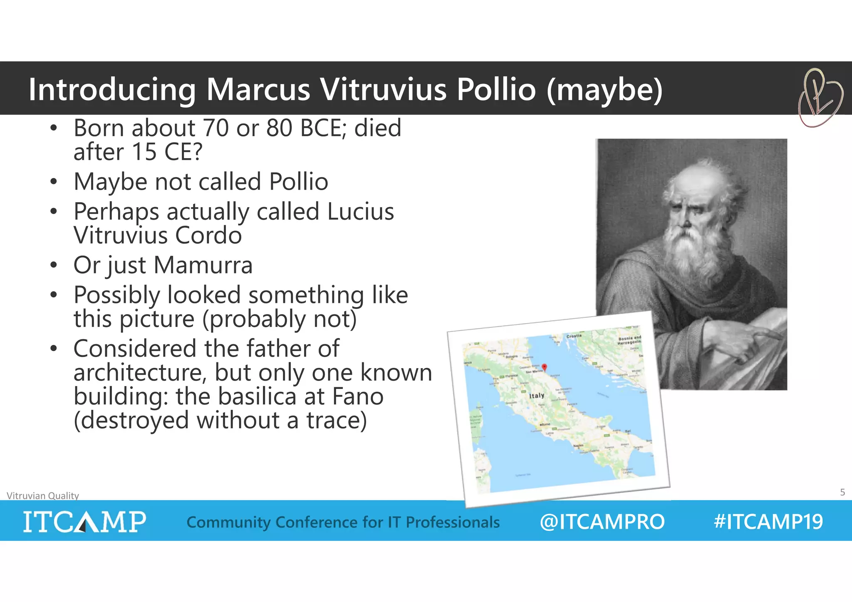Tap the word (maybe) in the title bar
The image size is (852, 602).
pos(604,90)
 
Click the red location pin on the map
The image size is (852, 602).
pos(544,367)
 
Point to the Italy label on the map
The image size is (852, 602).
pos(536,396)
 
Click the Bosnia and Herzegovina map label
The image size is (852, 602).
pos(629,340)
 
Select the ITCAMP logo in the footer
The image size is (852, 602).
pos(84,522)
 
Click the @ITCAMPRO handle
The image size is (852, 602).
pos(602,522)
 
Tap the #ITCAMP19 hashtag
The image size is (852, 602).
pos(768,522)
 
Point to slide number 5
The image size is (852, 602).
pos(842,492)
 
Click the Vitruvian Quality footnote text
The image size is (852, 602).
pos(43,495)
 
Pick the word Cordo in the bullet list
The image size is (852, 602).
pos(208,235)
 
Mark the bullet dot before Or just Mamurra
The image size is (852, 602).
pos(53,265)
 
